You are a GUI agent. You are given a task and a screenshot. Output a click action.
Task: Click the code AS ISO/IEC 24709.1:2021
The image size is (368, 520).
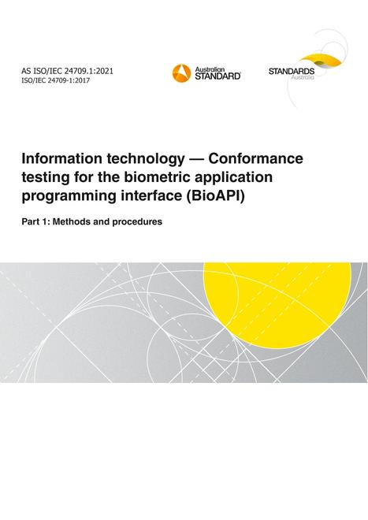coord(67,71)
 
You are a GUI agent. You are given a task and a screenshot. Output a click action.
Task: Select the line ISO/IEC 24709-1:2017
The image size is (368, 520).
coord(55,80)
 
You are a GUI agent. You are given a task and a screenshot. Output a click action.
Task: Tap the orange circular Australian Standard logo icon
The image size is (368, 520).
coord(181,73)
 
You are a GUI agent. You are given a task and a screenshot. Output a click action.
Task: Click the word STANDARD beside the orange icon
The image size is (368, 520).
coord(217,76)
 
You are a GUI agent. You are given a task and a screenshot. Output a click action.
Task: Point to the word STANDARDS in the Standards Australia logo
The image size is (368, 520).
coord(292,71)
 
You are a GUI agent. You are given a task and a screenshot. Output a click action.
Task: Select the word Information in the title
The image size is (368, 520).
coord(61,158)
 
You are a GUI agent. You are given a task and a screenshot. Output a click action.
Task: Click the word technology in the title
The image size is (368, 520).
coord(145,160)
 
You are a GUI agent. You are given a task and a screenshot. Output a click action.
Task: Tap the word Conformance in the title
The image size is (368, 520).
coord(255,158)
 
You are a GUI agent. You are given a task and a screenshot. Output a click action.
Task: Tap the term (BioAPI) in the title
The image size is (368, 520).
coord(214,196)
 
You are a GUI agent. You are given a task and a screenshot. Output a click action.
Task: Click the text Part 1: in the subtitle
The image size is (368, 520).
coord(35,221)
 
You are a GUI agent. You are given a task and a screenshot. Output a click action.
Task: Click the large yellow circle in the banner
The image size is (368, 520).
coord(277,306)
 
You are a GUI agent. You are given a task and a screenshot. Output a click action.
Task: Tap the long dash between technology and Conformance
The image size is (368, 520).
coord(196,159)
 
